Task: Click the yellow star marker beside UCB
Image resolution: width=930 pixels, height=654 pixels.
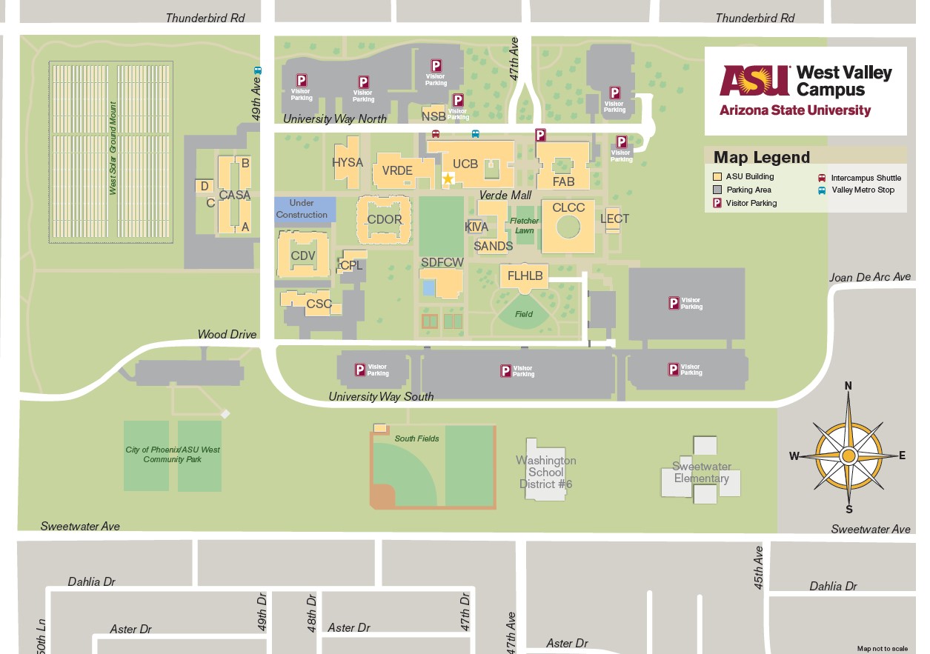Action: (448, 178)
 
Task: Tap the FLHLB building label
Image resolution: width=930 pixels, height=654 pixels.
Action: (525, 276)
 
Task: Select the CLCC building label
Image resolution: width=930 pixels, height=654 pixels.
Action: (568, 208)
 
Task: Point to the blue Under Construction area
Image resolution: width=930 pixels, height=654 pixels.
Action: (304, 209)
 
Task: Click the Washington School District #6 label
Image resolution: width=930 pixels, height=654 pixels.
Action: (546, 473)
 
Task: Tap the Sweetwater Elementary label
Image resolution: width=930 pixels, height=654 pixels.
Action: (702, 473)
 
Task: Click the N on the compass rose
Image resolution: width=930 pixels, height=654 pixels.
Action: (848, 385)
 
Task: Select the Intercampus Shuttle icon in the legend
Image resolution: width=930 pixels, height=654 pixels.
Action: (822, 178)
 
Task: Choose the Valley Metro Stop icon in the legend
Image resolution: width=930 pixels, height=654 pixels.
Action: (822, 190)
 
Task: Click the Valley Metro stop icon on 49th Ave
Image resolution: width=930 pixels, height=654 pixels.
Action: (257, 71)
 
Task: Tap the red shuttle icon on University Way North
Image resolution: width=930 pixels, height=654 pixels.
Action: (436, 134)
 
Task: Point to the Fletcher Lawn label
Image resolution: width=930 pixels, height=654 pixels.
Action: (524, 226)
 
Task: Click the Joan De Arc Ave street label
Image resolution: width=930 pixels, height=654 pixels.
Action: (869, 277)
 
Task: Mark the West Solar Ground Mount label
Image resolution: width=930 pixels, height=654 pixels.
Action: (113, 148)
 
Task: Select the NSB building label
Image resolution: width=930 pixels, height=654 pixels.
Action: (434, 116)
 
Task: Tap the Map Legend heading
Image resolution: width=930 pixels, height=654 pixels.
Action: (761, 157)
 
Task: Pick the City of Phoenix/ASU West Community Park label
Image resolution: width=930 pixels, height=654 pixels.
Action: (173, 454)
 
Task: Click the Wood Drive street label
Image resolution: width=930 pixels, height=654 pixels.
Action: (227, 335)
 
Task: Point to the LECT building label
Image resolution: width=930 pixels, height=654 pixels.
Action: (614, 218)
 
